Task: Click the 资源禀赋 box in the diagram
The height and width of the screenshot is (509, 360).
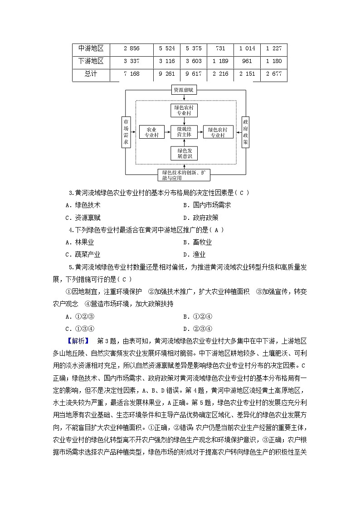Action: (x=184, y=90)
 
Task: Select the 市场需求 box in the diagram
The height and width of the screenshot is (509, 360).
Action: (x=126, y=132)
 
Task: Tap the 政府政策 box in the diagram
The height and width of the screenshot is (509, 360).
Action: (x=245, y=132)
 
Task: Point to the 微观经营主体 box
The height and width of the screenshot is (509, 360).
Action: (x=184, y=132)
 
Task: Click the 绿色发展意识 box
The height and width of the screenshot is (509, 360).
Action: (x=184, y=153)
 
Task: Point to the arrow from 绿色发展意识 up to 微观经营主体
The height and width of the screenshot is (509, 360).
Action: (x=184, y=142)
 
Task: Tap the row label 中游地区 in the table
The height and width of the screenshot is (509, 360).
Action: (x=91, y=48)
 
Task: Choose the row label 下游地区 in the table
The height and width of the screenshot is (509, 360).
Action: (x=91, y=61)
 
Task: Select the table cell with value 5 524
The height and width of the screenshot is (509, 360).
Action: (x=167, y=48)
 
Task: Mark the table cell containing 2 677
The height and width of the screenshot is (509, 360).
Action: (x=274, y=74)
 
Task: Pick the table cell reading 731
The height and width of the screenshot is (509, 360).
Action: (x=220, y=48)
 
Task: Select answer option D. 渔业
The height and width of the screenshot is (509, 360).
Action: (x=194, y=255)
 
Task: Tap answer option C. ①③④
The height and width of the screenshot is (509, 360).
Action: (x=79, y=329)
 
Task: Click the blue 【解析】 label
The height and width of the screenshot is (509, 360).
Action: (x=78, y=341)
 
